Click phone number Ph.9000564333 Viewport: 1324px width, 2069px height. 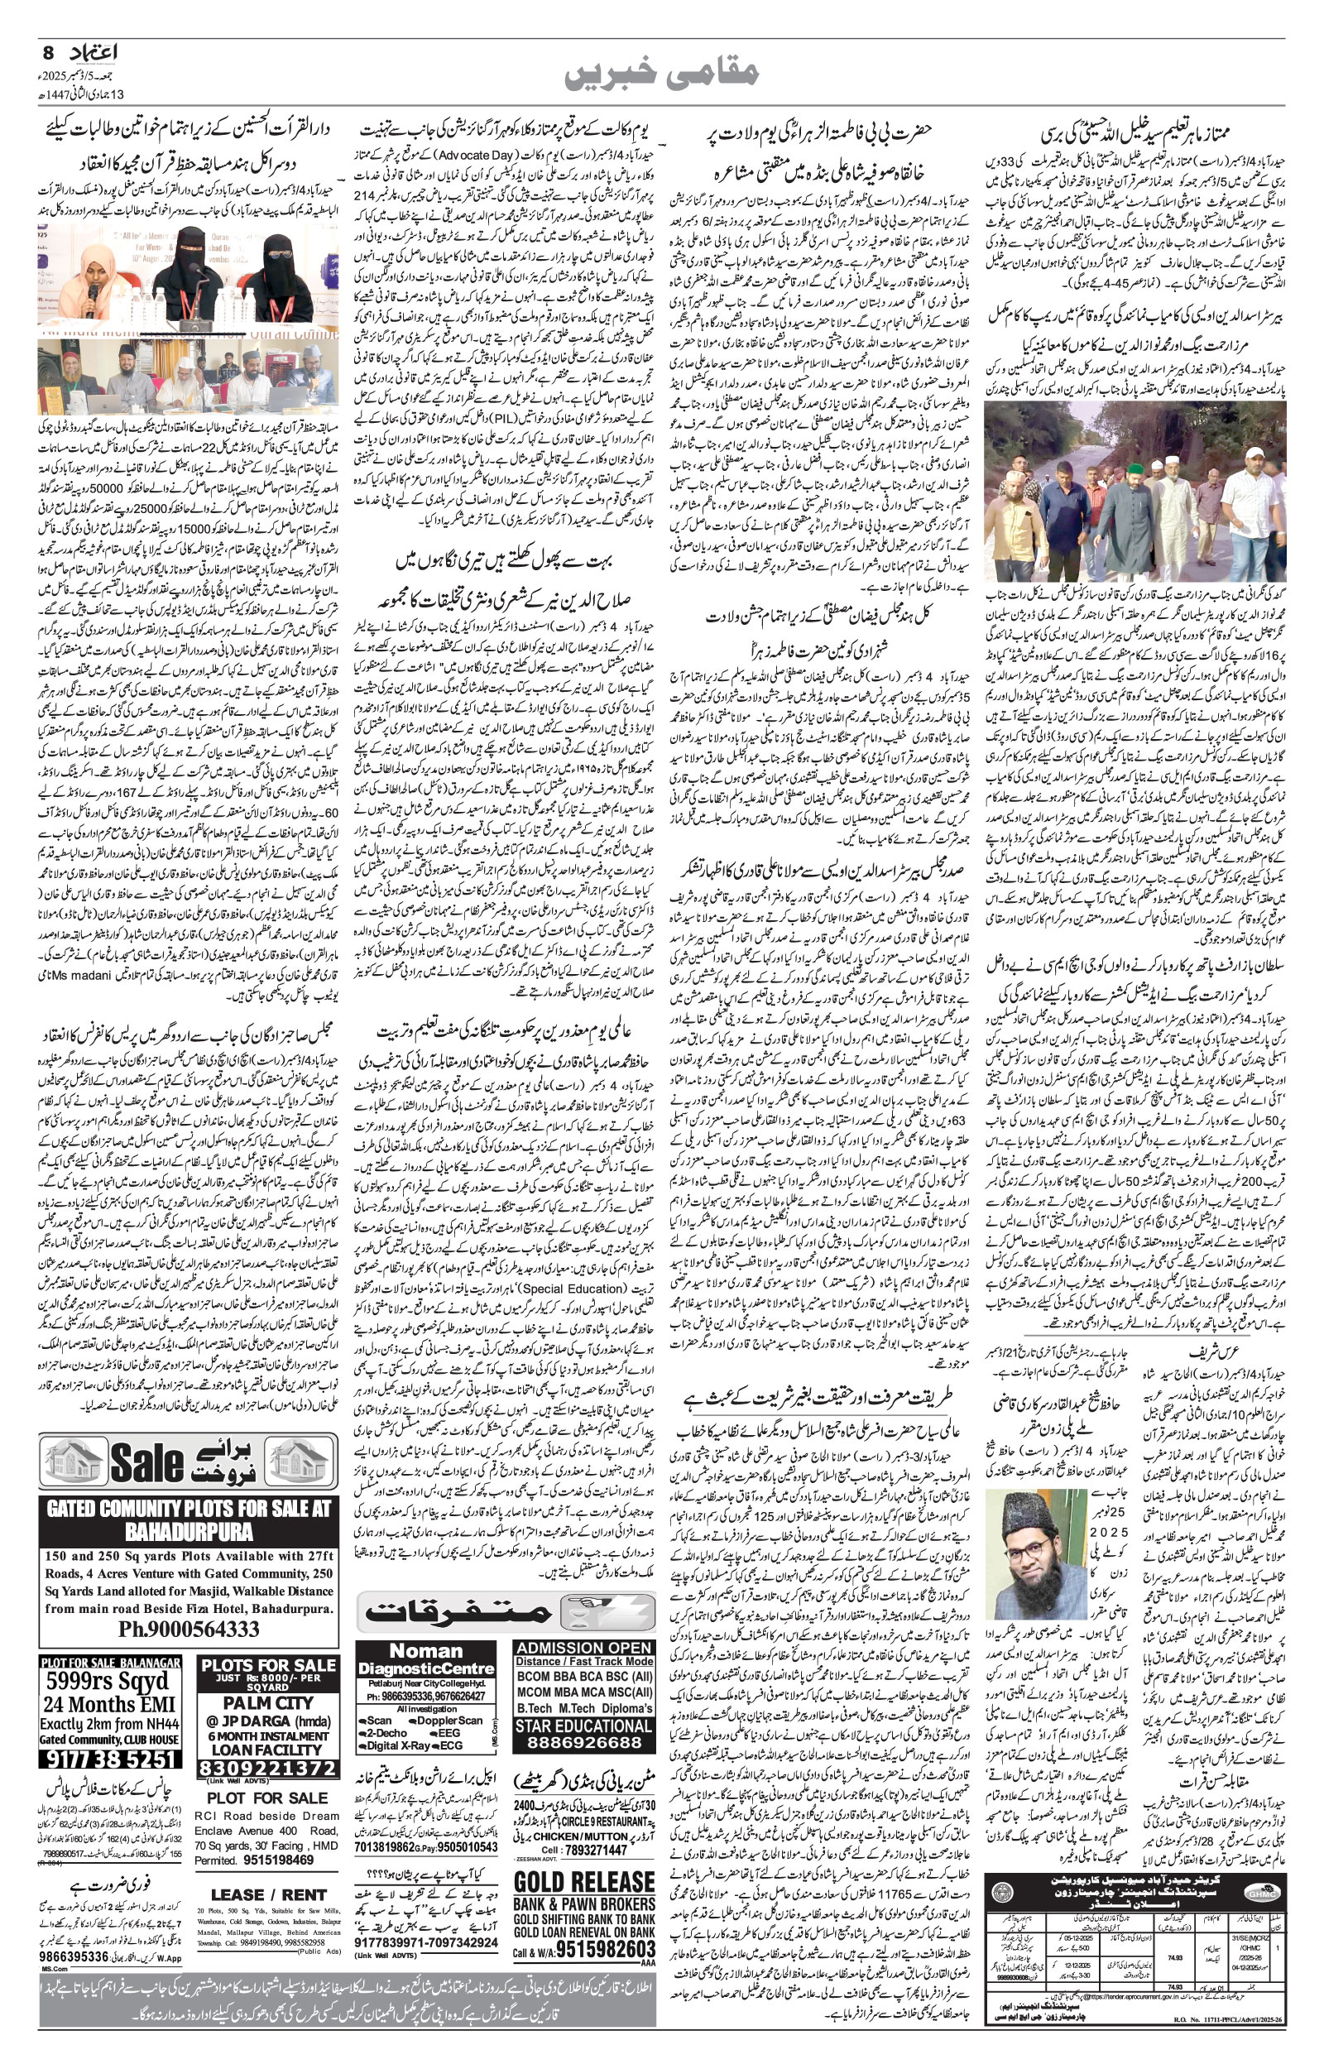pyautogui.click(x=189, y=1629)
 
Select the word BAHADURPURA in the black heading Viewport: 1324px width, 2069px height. pyautogui.click(x=189, y=1532)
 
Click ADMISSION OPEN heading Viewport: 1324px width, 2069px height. pyautogui.click(x=583, y=1648)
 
